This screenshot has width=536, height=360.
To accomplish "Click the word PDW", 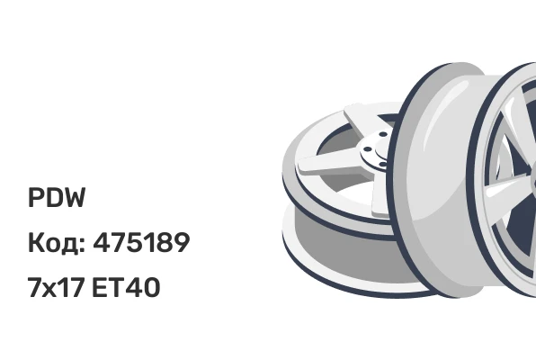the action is point(57,198).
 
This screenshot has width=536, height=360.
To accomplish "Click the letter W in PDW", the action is point(74,198).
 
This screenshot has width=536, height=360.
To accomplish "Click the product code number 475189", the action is point(141,242).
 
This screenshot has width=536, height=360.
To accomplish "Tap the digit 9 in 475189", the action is point(182,242).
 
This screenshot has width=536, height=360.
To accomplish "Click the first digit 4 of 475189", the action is point(102,242).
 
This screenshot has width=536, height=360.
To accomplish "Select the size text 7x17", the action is point(56,287).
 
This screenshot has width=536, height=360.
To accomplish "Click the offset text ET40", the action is point(126,287).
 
